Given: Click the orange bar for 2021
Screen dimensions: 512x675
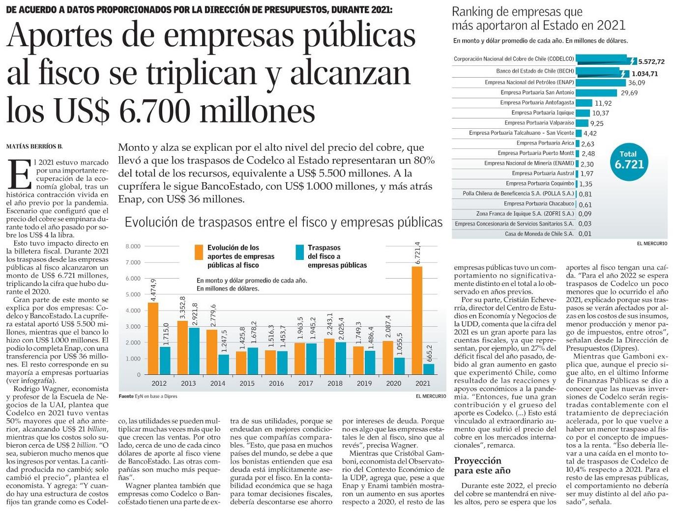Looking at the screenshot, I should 416,320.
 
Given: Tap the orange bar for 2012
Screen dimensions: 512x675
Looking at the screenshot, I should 153,339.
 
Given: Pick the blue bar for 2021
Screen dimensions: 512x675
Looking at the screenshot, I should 429,369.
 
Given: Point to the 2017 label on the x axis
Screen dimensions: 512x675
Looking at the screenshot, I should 305,383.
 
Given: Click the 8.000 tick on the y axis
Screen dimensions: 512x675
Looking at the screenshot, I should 133,247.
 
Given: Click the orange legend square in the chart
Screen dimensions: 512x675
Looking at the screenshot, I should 199,252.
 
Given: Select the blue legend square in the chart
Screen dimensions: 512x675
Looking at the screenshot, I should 299,252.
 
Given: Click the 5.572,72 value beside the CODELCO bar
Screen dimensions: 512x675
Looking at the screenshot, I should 651,62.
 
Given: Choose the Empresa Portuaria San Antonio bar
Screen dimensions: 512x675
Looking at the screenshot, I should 596,92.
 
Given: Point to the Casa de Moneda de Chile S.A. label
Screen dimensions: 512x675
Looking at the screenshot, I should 539,234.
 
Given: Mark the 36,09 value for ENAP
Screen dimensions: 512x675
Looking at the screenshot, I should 637,83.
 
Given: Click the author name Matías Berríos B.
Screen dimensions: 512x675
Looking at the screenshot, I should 34,146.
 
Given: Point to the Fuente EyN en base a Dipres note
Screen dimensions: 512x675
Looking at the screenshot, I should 148,396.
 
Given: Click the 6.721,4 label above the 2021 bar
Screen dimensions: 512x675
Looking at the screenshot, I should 417,254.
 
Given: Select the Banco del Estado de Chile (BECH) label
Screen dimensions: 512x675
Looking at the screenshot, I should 535,71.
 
